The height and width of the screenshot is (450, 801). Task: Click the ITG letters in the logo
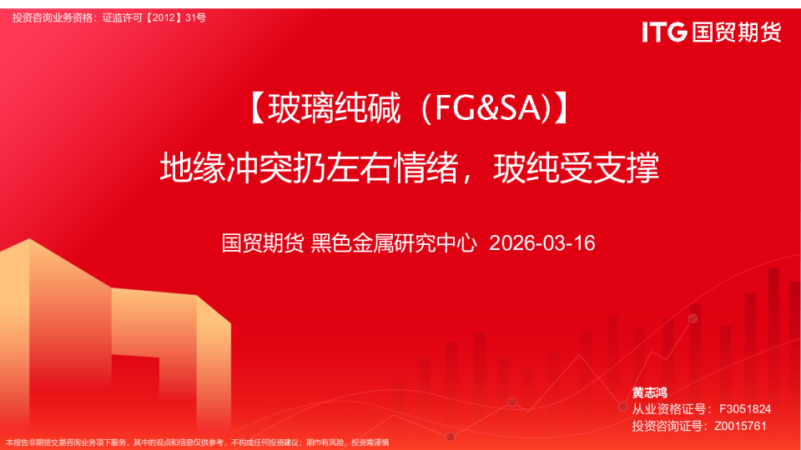664,32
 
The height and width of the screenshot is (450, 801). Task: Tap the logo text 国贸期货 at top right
737,32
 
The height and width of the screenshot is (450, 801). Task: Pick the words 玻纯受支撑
577,169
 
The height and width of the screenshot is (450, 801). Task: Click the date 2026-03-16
542,243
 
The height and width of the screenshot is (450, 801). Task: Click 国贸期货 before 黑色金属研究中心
263,243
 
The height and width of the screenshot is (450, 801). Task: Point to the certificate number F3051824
744,409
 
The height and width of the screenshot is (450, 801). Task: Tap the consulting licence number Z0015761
740,426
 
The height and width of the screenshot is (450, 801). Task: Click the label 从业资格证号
668,409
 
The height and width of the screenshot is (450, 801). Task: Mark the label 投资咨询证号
668,426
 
